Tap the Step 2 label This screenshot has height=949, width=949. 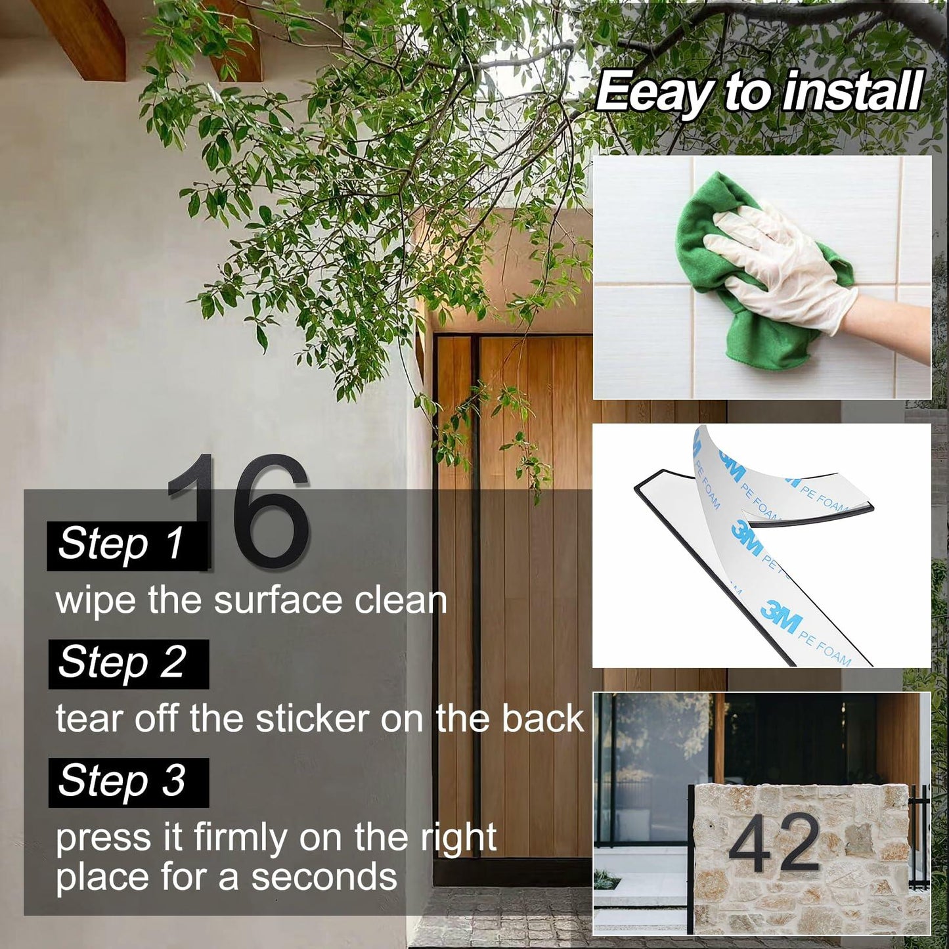(129, 663)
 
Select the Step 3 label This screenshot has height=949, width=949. (129, 782)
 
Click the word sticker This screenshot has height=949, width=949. (312, 718)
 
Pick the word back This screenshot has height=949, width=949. (542, 718)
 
